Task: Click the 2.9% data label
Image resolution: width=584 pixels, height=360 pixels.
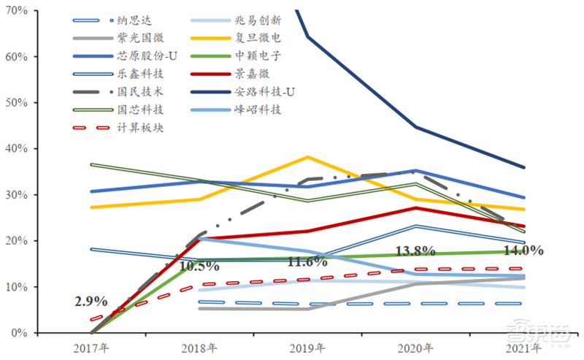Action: (91, 301)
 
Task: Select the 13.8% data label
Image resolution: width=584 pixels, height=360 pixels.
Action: (415, 251)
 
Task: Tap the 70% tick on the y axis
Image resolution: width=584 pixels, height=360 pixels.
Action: (17, 11)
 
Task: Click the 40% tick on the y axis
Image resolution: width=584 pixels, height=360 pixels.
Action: (17, 149)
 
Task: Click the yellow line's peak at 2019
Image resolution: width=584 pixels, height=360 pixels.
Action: (307, 157)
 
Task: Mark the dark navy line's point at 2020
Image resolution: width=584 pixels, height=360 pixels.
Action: (415, 127)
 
